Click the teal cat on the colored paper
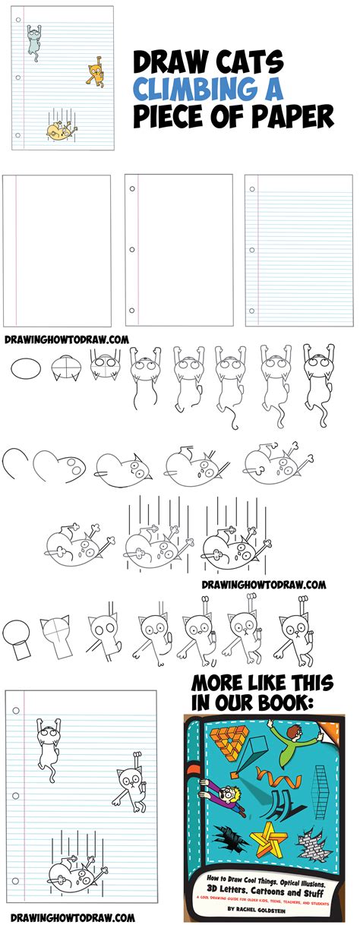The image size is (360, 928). [33, 39]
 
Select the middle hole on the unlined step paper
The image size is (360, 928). [133, 248]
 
